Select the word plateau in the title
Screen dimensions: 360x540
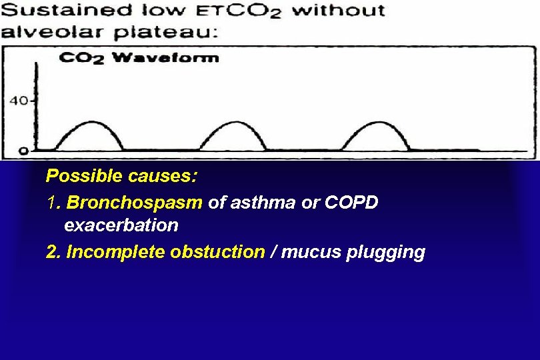point(179,32)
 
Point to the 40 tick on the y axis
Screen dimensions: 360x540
point(19,101)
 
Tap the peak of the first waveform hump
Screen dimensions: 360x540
point(89,123)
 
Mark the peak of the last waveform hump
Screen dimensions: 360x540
point(377,123)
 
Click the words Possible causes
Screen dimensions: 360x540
point(121,176)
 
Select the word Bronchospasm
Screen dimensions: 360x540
point(135,201)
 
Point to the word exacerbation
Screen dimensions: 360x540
point(121,225)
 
